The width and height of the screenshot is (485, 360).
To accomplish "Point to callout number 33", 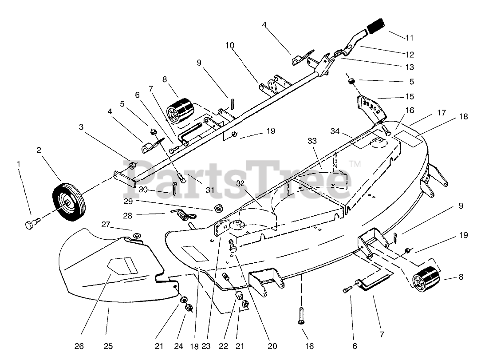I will point(312,141).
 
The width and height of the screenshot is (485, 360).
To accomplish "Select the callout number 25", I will point(109,345).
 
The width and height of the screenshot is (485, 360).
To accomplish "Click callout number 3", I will point(81,127).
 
